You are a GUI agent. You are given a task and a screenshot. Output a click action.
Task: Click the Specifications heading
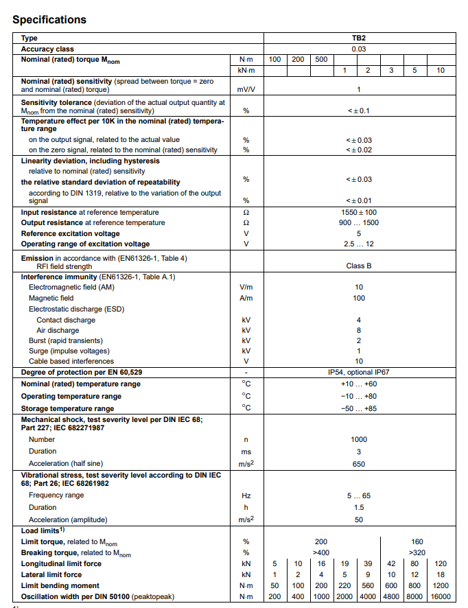coord(49,19)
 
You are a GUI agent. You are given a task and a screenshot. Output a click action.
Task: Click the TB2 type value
coord(358,38)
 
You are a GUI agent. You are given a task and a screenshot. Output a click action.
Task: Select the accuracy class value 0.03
coord(358,49)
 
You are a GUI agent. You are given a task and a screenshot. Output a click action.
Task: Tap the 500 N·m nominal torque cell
coord(321,60)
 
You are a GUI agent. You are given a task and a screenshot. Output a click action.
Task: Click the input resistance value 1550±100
coord(358,212)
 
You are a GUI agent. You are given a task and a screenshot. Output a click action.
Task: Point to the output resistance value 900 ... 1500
coord(358,222)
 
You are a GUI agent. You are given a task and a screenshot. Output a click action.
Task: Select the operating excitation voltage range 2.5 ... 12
coord(358,244)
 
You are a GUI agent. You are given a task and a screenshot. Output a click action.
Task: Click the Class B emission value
coord(358,266)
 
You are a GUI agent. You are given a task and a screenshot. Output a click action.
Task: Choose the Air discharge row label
coord(58,330)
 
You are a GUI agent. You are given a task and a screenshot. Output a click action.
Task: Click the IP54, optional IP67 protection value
coord(358,372)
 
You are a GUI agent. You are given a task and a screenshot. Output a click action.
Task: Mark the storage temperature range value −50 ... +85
coord(358,408)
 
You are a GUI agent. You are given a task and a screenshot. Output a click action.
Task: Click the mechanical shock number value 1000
coord(358,439)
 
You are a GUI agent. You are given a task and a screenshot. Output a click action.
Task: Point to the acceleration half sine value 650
coord(358,464)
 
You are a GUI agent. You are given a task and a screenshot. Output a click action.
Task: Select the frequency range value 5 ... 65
coord(358,495)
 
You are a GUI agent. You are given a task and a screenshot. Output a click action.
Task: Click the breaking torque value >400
coord(321,552)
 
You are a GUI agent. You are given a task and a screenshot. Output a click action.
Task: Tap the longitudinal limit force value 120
coord(441,563)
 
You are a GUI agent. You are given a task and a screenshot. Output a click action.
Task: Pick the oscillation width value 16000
coord(441,596)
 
